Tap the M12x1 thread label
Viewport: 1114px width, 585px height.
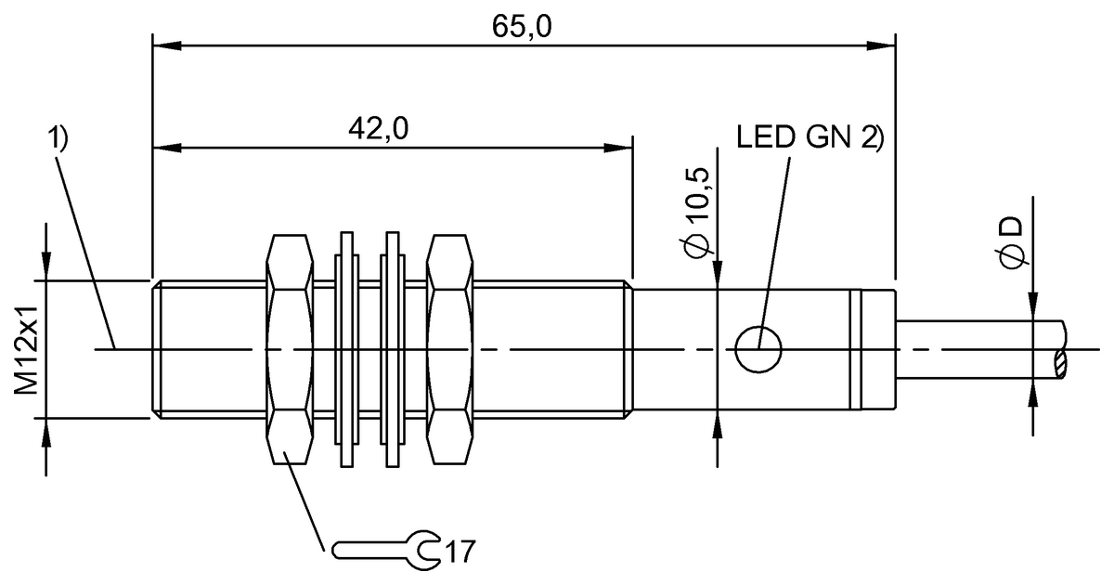pyautogui.click(x=27, y=348)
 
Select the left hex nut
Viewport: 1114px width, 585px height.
pyautogui.click(x=289, y=350)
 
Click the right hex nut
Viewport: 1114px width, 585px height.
pyautogui.click(x=449, y=350)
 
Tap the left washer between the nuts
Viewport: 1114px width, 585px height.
pyautogui.click(x=347, y=350)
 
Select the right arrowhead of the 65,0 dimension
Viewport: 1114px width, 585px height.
pyautogui.click(x=882, y=44)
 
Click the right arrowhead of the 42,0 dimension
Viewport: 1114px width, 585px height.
pyautogui.click(x=620, y=147)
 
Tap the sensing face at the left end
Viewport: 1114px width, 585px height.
pyautogui.click(x=153, y=350)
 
